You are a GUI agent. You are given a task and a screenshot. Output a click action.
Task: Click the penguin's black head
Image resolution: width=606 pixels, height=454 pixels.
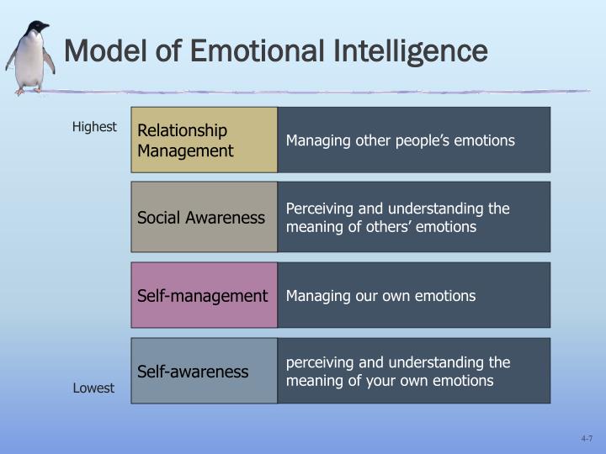(x=38, y=28)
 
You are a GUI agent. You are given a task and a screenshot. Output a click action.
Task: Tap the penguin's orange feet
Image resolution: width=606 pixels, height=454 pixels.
(x=28, y=91)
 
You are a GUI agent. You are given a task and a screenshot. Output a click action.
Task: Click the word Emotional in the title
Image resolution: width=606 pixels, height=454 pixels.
(x=258, y=50)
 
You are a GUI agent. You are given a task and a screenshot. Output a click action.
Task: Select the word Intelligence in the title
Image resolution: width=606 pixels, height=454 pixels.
(x=410, y=52)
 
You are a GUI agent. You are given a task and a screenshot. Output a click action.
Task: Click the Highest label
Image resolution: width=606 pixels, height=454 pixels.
(x=94, y=127)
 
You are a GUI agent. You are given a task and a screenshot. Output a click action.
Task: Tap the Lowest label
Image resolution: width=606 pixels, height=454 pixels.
(x=93, y=388)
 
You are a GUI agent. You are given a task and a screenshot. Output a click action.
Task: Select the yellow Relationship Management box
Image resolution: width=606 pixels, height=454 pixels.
(x=204, y=140)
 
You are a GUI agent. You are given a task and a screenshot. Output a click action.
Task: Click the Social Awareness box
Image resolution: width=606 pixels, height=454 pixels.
(x=204, y=217)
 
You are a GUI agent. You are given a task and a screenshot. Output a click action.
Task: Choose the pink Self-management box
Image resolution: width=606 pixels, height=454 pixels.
(x=204, y=295)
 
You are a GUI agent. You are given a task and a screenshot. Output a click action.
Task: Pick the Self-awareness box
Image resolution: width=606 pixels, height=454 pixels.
(x=204, y=371)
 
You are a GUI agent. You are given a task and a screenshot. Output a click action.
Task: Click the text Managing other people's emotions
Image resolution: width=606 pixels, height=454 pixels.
(x=401, y=141)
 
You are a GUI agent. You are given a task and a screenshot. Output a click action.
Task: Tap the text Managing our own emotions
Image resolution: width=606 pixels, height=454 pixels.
(x=380, y=296)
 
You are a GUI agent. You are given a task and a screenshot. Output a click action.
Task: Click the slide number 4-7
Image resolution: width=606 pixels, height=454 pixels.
(x=587, y=439)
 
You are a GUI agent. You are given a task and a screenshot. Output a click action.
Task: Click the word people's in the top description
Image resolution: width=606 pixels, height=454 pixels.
(x=423, y=141)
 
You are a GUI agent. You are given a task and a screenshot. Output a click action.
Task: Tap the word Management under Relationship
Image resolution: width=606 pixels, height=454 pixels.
(x=185, y=151)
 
